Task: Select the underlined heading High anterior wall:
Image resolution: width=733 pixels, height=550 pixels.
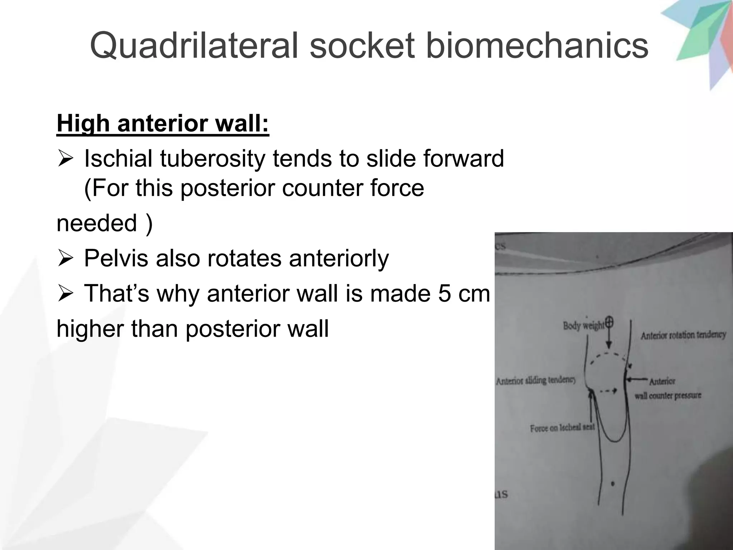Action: pyautogui.click(x=163, y=124)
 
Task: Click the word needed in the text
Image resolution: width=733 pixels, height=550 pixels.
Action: pyautogui.click(x=97, y=223)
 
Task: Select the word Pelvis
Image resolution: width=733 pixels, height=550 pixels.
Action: pyautogui.click(x=117, y=258)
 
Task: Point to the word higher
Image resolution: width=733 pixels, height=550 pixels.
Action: pyautogui.click(x=91, y=328)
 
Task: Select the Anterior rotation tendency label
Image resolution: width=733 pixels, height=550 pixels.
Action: pyautogui.click(x=683, y=335)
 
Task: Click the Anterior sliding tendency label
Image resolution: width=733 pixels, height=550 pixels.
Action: pyautogui.click(x=536, y=380)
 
